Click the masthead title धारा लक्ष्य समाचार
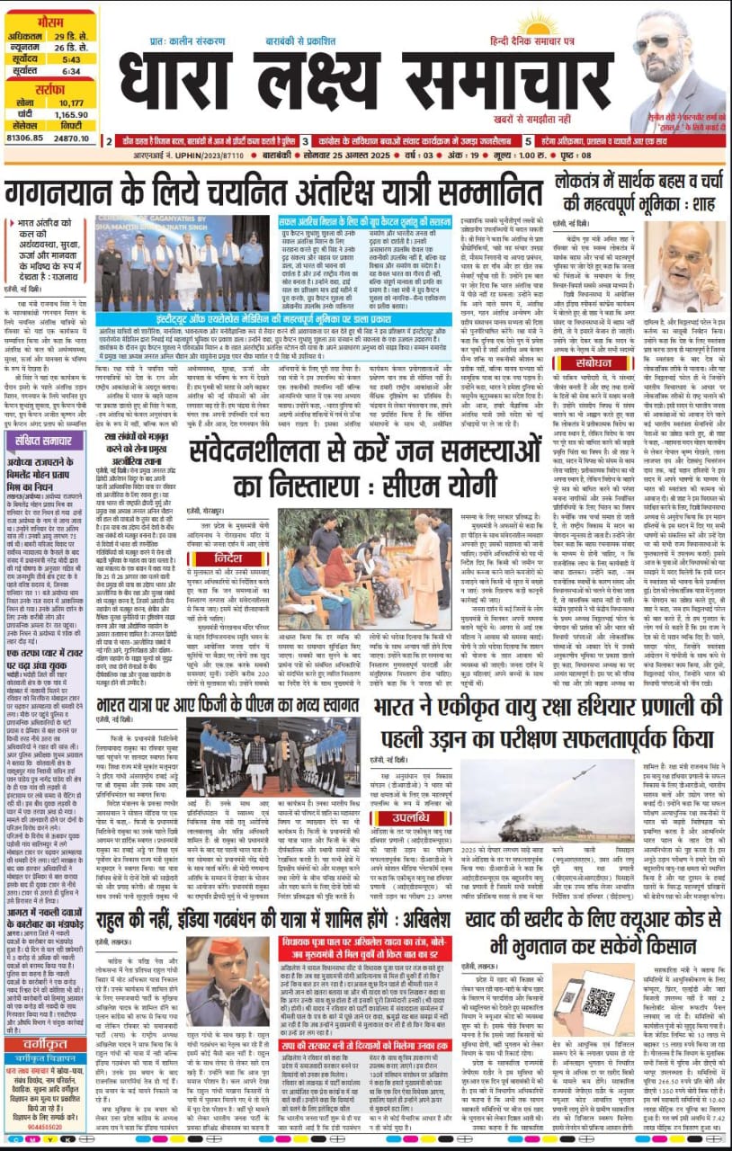pos(360,85)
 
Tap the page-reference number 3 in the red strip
pos(306,141)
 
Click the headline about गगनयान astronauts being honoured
pos(269,192)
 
